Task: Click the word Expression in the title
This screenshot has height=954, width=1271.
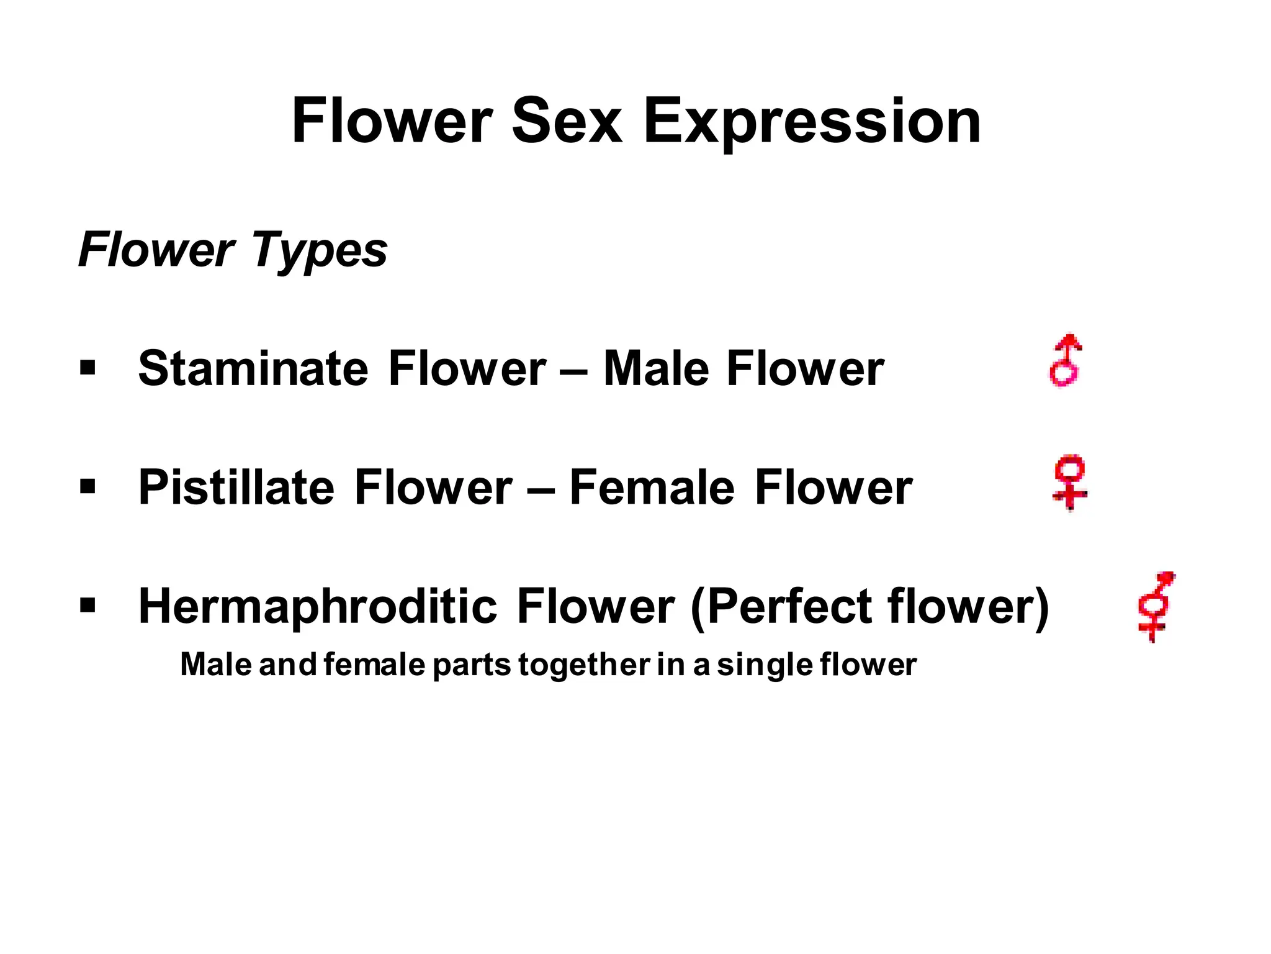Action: tap(812, 122)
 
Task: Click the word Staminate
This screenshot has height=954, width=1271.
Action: tap(253, 368)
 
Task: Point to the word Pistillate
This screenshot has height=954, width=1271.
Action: tap(236, 488)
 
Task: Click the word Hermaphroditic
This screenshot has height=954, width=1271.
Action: tap(317, 606)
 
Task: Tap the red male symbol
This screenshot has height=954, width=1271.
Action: tap(1066, 361)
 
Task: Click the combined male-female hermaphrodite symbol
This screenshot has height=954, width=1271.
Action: tap(1156, 607)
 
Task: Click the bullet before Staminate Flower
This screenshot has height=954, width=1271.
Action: tap(88, 368)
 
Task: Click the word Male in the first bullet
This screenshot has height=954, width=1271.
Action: tap(655, 368)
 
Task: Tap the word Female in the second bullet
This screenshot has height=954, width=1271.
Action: tap(652, 488)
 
